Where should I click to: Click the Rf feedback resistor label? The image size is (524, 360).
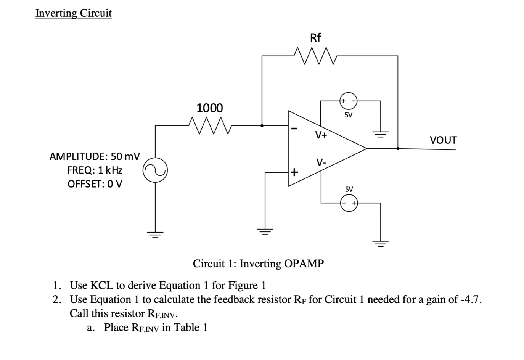315,38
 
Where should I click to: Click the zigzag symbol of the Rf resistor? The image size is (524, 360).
315,56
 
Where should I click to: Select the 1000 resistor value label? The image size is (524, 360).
209,108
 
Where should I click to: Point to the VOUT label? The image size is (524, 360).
443,140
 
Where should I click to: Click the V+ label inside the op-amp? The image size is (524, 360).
321,135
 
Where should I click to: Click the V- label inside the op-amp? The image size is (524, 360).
321,163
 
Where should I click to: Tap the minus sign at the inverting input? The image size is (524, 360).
294,129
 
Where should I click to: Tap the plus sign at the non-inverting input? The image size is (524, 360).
294,172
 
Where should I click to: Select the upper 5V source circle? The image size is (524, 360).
349,101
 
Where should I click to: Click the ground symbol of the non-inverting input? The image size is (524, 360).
265,230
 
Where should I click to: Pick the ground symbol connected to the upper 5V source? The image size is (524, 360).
380,134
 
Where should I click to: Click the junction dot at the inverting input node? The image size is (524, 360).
262,125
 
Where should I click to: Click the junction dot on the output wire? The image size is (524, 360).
398,148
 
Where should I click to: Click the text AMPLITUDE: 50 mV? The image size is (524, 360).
95,156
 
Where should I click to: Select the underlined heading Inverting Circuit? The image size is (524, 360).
74,13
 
